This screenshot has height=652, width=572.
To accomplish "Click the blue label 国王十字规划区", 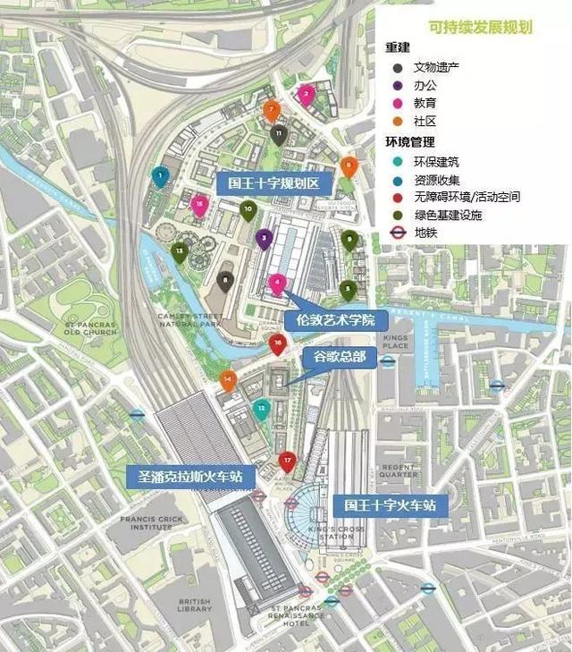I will point(274,183).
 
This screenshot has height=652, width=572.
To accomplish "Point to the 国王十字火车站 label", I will point(391,504).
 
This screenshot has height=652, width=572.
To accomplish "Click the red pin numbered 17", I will point(287,462).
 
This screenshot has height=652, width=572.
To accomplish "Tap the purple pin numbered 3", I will point(264,239).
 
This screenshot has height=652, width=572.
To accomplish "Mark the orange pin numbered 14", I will point(228,380).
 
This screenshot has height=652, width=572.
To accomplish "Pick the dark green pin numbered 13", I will point(180,251).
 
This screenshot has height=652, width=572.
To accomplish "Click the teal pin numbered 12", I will point(261,410).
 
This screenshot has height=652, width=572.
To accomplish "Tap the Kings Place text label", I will point(395,342).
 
